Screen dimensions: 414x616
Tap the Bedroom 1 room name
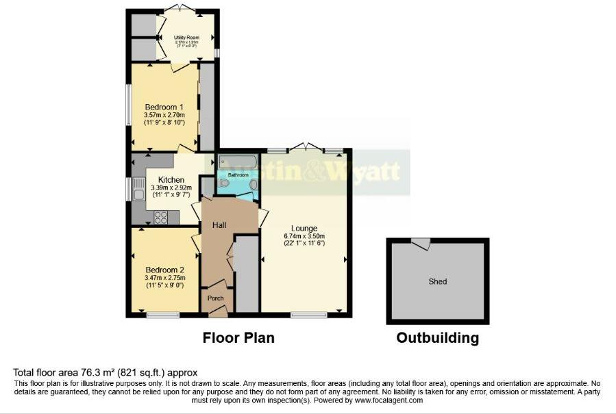[x=164, y=107]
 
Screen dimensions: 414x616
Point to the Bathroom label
[x=238, y=175]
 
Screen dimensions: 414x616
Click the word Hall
[x=219, y=224]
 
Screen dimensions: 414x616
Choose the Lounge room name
[x=304, y=229]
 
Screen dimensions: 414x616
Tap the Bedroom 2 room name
[x=164, y=270]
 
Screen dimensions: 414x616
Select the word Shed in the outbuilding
[x=437, y=281]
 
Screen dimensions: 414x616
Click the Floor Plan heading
[x=238, y=338]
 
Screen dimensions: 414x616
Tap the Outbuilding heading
[x=437, y=338]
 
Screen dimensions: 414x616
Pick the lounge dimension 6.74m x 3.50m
[x=304, y=237]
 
